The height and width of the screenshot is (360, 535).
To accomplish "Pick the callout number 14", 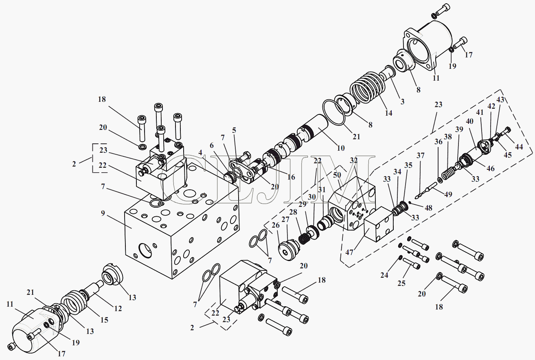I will (x=389, y=113).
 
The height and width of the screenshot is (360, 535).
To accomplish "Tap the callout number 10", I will (x=340, y=147).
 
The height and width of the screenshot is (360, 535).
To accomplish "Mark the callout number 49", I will (x=448, y=194).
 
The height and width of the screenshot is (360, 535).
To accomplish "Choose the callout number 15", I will (x=104, y=320).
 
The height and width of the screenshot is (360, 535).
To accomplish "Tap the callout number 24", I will (x=384, y=275).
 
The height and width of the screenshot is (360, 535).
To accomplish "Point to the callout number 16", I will (x=291, y=177).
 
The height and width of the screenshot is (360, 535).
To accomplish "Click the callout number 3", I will (x=402, y=101).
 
